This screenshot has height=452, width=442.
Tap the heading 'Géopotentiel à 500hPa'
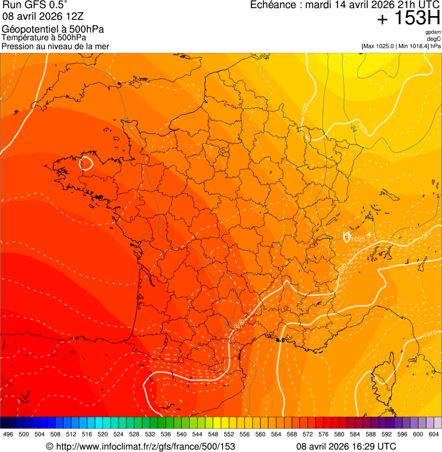(x=53, y=29)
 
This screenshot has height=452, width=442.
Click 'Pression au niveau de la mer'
(x=55, y=46)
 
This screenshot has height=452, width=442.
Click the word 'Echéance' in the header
(x=272, y=5)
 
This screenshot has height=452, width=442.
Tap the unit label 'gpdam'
(x=433, y=32)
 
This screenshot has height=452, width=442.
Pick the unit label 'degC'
(x=435, y=39)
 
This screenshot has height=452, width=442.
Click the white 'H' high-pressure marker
(x=347, y=236)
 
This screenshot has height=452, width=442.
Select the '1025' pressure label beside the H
(x=358, y=239)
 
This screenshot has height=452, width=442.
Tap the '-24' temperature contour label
(x=353, y=128)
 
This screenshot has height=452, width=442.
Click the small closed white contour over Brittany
(x=87, y=163)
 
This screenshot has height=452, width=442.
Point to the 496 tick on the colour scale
(x=8, y=435)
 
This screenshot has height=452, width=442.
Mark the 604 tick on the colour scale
(x=434, y=435)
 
